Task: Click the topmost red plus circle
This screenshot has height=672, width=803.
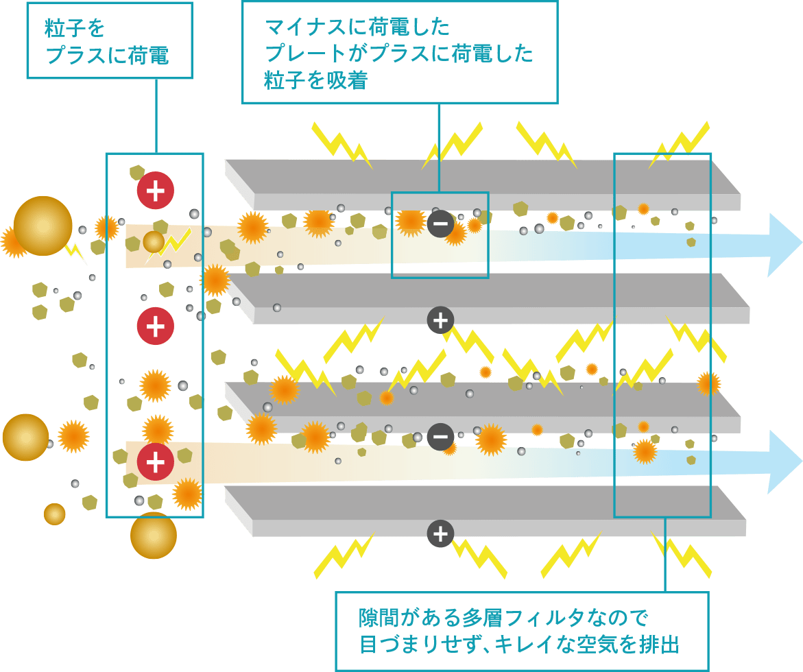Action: click(x=155, y=191)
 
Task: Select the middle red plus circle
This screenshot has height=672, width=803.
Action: click(x=155, y=326)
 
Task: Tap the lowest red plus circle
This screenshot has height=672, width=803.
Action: click(x=155, y=461)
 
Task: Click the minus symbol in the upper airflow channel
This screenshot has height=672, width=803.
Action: click(x=440, y=224)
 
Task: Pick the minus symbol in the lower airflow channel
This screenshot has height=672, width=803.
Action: click(x=440, y=437)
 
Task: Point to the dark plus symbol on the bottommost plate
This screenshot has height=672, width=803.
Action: click(x=440, y=533)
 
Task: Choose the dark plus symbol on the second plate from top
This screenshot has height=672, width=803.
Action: click(x=440, y=320)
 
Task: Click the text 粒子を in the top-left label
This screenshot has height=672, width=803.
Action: click(x=75, y=29)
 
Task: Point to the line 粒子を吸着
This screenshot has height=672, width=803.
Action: click(x=315, y=81)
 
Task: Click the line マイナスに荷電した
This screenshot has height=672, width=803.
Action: click(x=357, y=27)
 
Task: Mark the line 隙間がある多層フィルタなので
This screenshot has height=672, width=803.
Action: click(x=503, y=618)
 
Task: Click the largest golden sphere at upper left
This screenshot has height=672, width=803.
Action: click(x=43, y=226)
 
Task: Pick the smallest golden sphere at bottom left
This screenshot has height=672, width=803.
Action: click(x=54, y=514)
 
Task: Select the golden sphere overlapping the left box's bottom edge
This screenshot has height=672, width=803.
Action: click(x=154, y=535)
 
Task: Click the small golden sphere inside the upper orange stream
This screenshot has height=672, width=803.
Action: click(x=154, y=241)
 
